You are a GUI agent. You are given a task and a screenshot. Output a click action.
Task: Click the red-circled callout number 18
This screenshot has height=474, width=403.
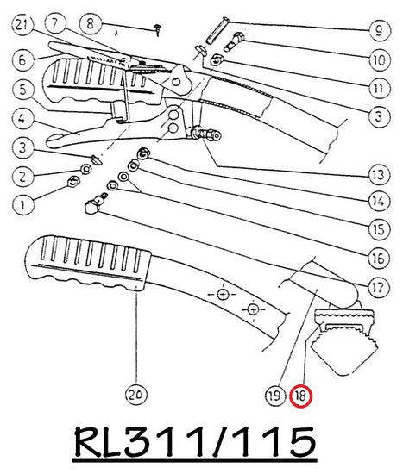300,396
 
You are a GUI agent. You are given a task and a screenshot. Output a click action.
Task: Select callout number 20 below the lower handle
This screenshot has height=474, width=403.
136,395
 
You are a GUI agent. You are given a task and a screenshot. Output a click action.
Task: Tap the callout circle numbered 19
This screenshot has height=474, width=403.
275,396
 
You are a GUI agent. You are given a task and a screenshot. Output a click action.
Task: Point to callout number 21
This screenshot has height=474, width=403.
22,25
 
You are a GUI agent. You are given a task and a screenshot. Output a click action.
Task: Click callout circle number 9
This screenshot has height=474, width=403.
380,30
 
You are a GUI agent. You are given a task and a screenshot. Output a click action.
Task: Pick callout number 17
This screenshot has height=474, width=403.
379,287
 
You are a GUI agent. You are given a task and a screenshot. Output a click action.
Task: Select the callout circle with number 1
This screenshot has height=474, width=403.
23,204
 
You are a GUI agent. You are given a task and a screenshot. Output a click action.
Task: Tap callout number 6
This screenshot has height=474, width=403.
23,59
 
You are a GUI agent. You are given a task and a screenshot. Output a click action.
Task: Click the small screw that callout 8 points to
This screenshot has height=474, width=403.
158,29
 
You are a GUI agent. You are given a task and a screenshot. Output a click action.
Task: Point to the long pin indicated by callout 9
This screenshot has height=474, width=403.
217,30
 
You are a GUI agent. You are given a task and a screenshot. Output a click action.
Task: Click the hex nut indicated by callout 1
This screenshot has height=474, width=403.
73,181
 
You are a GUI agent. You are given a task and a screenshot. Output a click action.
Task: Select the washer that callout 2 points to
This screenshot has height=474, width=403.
86,169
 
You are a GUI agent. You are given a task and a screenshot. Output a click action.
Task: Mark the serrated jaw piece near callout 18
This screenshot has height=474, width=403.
345,340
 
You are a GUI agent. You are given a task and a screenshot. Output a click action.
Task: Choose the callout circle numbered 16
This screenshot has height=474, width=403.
379,259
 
